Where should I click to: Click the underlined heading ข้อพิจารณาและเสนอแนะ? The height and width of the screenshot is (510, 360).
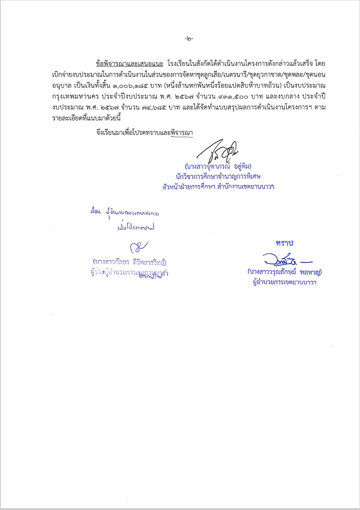pyautogui.click(x=130, y=64)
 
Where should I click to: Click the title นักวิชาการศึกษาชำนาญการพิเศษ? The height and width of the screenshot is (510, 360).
pyautogui.click(x=218, y=176)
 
